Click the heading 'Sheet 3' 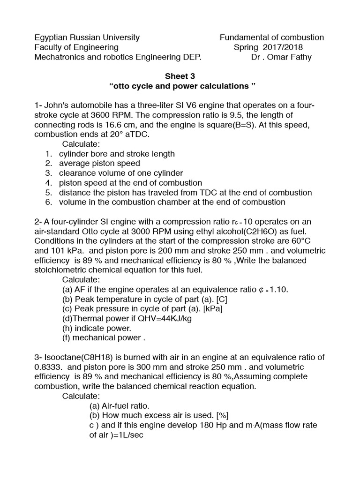pos(180,76)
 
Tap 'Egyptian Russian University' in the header pos(87,37)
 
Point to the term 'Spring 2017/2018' pos(268,47)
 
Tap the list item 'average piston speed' pos(99,163)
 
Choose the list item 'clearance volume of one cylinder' pos(121,173)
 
